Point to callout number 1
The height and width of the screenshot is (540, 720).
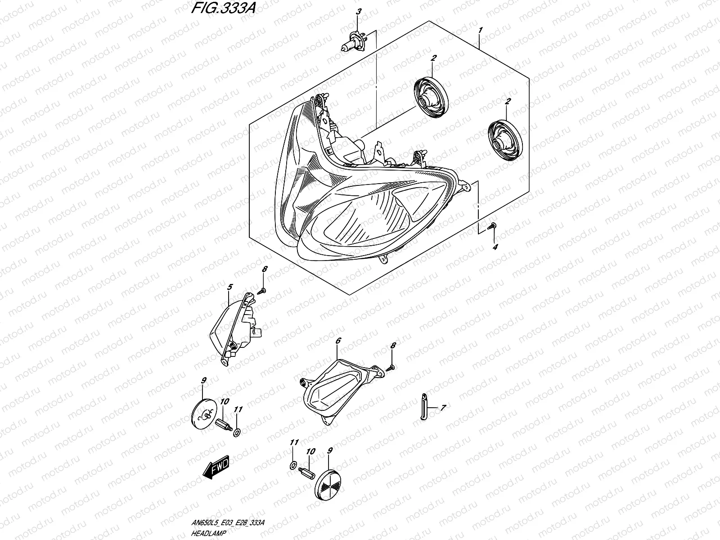481,30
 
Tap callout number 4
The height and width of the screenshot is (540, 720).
495,247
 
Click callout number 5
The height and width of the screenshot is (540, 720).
229,287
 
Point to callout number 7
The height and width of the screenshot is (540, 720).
443,408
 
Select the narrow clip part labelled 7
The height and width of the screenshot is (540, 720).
424,406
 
